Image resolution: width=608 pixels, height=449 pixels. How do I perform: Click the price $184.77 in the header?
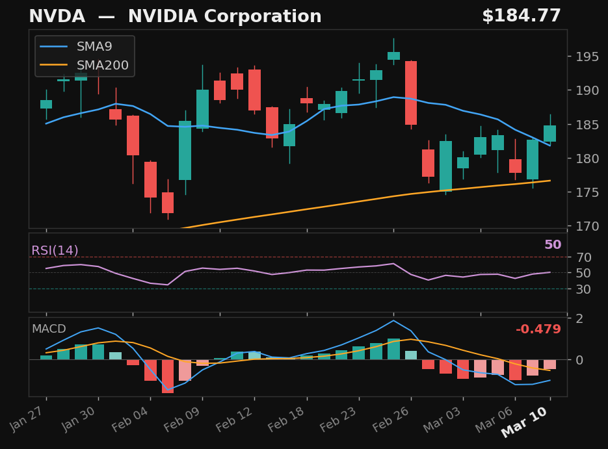click(521, 17)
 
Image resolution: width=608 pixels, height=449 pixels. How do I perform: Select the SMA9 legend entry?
click(94, 47)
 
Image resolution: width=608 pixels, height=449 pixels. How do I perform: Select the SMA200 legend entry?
click(102, 66)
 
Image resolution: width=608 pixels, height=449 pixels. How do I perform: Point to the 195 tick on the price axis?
click(587, 57)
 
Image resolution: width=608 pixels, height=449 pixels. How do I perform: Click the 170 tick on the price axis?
click(587, 226)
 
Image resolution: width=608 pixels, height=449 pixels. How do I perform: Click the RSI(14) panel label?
click(55, 251)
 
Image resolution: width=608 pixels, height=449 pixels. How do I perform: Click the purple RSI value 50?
click(552, 245)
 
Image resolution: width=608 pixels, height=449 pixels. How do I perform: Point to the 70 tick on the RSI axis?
click(583, 257)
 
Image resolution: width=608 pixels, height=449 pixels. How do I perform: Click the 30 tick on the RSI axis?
click(583, 289)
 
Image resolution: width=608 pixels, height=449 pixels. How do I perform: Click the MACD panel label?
click(49, 329)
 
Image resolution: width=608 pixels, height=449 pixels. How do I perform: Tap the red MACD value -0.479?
click(538, 329)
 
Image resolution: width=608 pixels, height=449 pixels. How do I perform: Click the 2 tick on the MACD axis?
click(579, 318)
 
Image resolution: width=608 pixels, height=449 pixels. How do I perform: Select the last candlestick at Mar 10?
click(549, 133)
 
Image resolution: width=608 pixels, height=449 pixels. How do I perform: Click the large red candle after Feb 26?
click(411, 93)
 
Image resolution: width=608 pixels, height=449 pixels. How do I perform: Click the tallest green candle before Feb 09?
click(185, 150)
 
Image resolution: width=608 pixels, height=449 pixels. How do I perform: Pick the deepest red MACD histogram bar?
click(168, 376)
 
